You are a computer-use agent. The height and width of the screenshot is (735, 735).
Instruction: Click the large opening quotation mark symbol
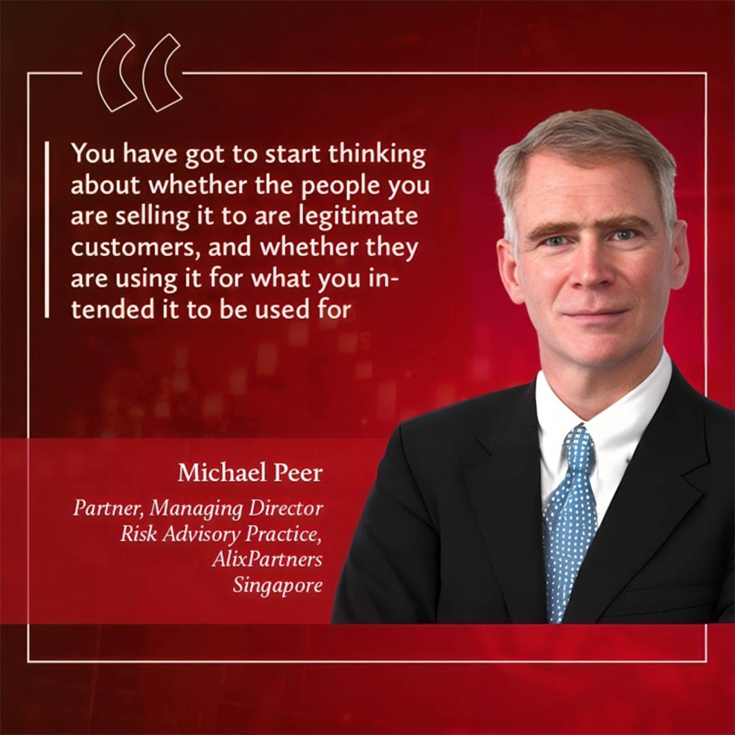coord(140,73)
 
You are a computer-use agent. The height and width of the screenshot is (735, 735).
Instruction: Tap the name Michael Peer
coord(250,473)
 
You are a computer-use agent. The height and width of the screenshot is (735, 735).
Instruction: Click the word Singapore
coord(278,585)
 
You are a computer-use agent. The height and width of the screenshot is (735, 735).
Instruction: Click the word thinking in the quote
coord(378,156)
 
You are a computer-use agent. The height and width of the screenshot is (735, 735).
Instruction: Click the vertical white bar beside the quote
coord(46,229)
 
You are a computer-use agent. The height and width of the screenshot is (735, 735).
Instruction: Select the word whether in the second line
coord(202,186)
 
